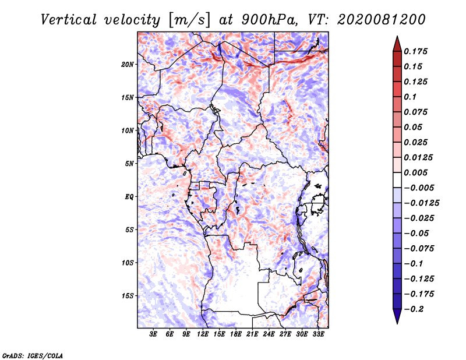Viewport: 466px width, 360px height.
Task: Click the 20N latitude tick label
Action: (128, 64)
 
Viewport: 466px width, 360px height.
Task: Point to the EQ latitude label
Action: (129, 196)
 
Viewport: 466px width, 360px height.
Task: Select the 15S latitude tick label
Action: (128, 295)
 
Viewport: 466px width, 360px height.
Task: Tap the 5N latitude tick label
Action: (129, 163)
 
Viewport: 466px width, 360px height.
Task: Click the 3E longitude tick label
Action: (154, 334)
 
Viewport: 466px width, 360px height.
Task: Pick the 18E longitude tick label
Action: (236, 334)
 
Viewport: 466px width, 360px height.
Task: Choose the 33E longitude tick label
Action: (318, 334)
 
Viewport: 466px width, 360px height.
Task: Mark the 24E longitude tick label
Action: (269, 334)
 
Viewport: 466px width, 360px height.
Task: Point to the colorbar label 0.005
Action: (416, 172)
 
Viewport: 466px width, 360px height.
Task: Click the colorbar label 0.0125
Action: (419, 157)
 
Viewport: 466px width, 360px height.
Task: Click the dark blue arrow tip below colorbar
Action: (396, 319)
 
